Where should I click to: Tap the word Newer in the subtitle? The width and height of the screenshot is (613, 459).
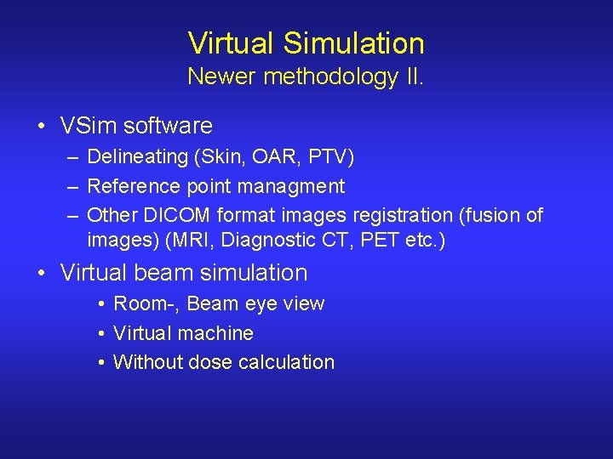click(222, 77)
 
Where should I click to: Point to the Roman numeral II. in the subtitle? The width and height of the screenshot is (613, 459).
click(413, 77)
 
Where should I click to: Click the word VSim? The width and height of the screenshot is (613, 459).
click(89, 126)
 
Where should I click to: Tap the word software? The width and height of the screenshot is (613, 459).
click(168, 126)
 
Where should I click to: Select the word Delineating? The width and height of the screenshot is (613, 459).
click(137, 157)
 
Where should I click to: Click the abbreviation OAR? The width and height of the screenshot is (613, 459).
click(271, 157)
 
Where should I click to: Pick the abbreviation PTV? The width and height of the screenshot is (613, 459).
click(327, 157)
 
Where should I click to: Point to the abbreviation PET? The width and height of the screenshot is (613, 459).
click(380, 240)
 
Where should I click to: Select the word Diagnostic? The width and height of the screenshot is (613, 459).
click(270, 240)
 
